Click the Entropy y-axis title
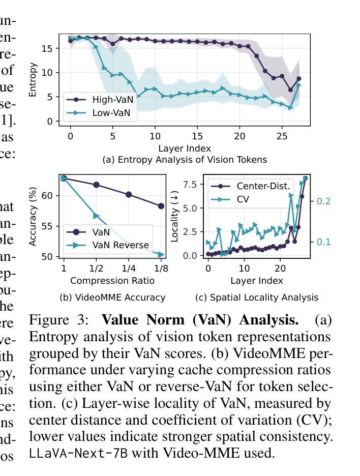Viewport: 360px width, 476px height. point(34,80)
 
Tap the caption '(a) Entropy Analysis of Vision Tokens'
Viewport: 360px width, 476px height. point(185,160)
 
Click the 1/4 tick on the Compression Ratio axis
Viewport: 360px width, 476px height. point(129,268)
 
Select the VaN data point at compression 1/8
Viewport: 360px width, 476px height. point(161,206)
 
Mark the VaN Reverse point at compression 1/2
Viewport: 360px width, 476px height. point(96,216)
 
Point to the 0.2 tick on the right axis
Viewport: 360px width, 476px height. point(324,201)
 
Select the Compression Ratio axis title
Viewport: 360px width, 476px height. point(112,281)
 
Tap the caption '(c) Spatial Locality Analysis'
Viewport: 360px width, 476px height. point(256,297)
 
